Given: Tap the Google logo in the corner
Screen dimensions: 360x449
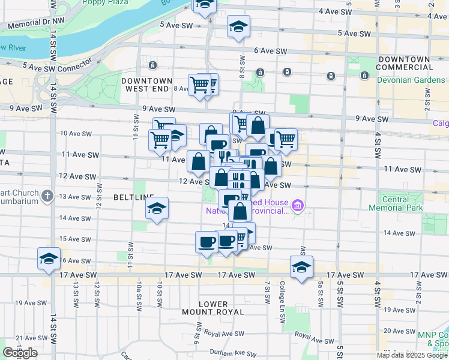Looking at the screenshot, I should click(20, 353).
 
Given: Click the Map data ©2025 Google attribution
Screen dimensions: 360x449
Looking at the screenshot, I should click(412, 355).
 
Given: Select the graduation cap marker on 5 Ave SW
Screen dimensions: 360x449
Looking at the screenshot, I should click(238, 28).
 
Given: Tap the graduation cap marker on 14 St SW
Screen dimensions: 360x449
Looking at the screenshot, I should click(49, 259).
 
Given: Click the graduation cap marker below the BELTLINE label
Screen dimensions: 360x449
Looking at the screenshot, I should click(157, 209).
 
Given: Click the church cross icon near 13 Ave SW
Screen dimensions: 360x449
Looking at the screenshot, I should click(47, 195).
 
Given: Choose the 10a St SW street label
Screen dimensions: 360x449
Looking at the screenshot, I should click(138, 292).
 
